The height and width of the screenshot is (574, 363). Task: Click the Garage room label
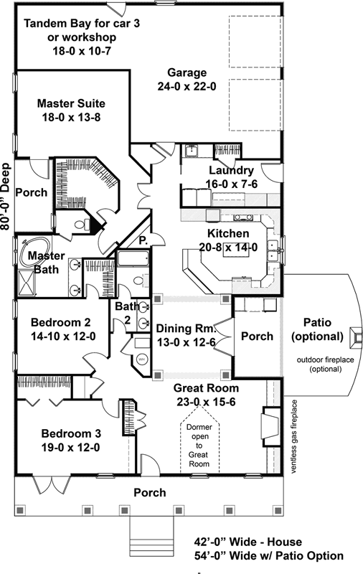coord(187,72)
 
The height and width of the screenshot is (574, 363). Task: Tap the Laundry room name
coord(230,170)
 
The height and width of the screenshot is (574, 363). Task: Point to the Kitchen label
coord(228,234)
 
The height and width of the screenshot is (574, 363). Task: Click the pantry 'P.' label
coord(143,240)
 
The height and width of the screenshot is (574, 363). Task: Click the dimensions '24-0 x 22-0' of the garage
coord(187,85)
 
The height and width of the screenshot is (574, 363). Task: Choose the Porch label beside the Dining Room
coord(256,336)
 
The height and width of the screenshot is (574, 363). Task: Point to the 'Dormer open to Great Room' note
coord(199,446)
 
